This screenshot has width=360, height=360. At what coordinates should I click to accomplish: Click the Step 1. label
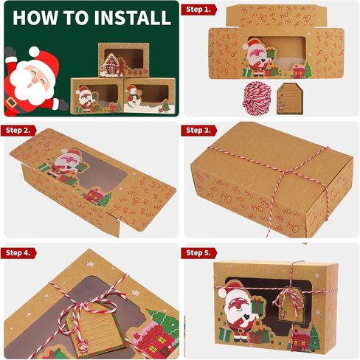[x=198, y=10]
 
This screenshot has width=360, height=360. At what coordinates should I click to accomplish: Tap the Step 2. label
[x=18, y=131]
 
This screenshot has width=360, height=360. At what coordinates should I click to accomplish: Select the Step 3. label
[x=198, y=131]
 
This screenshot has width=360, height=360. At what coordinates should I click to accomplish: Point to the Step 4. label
[x=18, y=253]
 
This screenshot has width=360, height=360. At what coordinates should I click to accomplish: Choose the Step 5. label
[x=198, y=253]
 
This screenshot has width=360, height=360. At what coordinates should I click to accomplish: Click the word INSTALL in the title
[x=133, y=18]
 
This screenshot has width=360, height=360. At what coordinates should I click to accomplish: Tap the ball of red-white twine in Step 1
[x=257, y=97]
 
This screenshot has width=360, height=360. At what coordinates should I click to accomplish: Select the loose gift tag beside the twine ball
[x=290, y=99]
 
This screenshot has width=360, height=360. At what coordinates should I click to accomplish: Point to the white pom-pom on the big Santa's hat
[x=34, y=51]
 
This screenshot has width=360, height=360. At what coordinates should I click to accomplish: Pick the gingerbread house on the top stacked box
[x=111, y=64]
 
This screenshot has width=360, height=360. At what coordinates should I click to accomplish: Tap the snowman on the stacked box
[x=134, y=97]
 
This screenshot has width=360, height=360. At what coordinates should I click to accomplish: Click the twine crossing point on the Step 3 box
[x=285, y=171]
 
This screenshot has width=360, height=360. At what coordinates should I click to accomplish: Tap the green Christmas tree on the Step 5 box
[x=314, y=339]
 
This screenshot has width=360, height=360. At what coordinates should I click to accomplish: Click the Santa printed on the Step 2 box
[x=66, y=164]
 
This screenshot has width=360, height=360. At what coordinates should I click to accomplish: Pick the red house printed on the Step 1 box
[x=299, y=71]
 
